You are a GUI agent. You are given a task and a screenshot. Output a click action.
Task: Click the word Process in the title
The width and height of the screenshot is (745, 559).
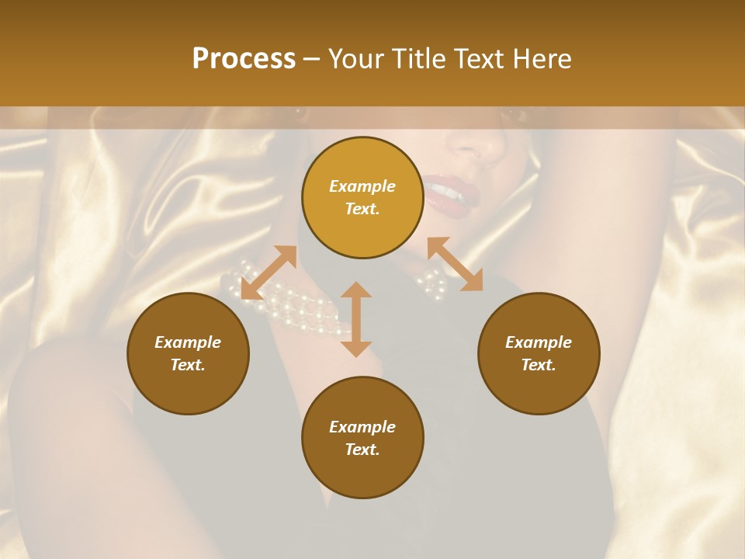(x=244, y=59)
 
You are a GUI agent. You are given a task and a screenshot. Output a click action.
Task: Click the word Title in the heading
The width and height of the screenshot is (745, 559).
(x=418, y=59)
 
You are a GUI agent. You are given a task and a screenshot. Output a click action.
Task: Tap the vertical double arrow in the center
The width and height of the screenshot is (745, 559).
(x=356, y=319)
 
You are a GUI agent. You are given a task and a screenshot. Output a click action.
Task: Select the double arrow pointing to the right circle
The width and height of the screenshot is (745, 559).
(x=455, y=264)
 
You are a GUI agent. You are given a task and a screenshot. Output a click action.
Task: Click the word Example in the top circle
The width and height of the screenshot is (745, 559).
(x=362, y=186)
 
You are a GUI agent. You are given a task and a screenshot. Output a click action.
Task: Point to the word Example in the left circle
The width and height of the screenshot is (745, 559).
(x=188, y=342)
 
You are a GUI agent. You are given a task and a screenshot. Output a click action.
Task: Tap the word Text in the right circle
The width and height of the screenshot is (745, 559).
(x=539, y=365)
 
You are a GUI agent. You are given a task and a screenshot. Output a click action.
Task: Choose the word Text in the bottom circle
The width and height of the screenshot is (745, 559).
(x=362, y=450)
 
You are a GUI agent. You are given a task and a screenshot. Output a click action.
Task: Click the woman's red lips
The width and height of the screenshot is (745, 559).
(x=446, y=193)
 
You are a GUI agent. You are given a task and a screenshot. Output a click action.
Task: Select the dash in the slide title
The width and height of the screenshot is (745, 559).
(x=311, y=60)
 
